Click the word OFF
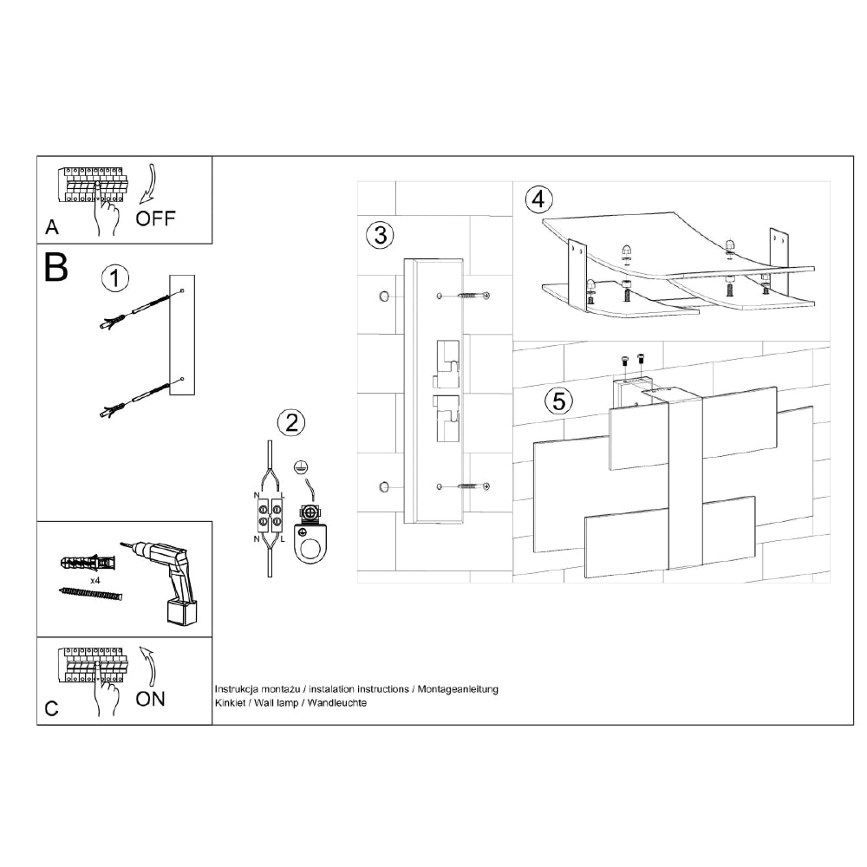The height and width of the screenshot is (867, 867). coord(155,218)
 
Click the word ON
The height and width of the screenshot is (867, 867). coord(150,699)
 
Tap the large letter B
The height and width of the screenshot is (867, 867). coord(55,268)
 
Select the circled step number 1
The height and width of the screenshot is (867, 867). coord(115,278)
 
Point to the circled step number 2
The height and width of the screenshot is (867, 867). coord(291,423)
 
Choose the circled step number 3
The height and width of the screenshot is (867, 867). coord(381,235)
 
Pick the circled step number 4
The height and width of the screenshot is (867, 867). coord(538,199)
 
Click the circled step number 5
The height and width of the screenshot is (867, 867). coord(559,401)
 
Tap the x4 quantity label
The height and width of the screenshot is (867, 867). coord(95,581)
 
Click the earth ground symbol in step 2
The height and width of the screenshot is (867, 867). coord(300,467)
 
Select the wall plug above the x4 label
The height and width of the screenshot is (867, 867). coord(89,563)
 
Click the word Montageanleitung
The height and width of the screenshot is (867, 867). coord(458,689)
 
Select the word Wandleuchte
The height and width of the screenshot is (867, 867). coord(336,703)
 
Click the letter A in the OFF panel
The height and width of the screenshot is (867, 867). coord(52,227)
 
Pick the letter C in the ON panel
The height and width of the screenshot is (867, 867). coord(51,709)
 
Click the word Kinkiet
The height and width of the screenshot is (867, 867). coord(230,703)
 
